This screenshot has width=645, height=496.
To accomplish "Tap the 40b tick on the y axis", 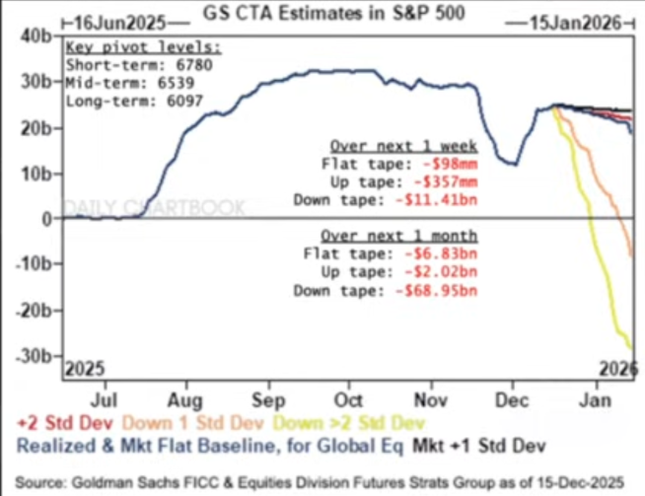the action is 36,36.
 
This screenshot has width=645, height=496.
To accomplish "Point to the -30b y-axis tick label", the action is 34,356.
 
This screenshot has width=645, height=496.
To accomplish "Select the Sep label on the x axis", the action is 268,400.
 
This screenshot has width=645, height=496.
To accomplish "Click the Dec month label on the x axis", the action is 512,400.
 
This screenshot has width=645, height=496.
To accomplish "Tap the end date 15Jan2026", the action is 576,23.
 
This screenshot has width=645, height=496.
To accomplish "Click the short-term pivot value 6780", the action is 194,65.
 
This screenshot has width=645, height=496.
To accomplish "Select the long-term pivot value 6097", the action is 184,101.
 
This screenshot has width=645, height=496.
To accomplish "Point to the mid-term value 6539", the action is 176,83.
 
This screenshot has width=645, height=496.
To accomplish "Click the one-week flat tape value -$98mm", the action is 451,164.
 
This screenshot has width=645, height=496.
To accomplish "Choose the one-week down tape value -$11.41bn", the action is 437,200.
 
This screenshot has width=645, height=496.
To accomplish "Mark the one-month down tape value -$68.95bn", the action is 437,291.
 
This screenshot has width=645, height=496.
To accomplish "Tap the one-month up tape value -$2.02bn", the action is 441,272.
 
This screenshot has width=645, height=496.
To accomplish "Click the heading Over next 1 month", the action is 399,236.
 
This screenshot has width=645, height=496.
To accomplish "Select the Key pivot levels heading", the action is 144,47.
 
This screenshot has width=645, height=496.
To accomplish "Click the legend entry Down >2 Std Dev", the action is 349,423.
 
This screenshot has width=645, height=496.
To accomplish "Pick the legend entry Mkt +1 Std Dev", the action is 479,446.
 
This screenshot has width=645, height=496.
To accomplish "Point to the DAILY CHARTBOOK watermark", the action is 156,208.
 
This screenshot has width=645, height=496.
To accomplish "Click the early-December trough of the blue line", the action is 515,164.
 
